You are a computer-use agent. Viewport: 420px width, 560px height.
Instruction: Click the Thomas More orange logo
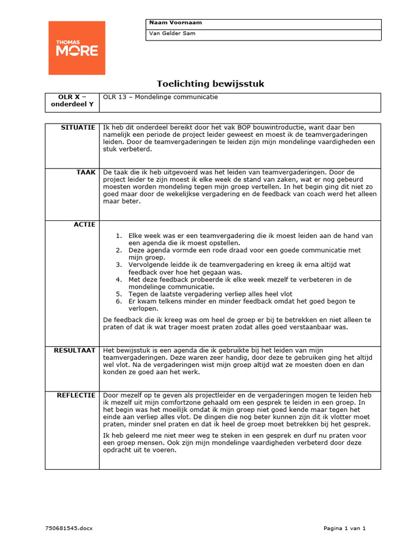[x=77, y=48]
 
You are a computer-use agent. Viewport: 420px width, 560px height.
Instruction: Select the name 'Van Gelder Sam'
[x=172, y=34]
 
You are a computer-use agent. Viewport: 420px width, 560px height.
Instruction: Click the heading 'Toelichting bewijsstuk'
[x=211, y=84]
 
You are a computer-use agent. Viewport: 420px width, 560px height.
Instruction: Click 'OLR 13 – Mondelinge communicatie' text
[x=160, y=97]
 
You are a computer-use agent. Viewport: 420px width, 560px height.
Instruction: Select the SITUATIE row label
[x=79, y=127]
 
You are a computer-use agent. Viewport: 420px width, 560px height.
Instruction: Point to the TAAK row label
[x=86, y=172]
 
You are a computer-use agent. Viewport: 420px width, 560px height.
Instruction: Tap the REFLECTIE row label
[x=77, y=395]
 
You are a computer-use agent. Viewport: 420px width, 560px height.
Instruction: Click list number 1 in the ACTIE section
[x=118, y=236]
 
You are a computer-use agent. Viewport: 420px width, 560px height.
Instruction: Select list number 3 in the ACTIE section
[x=118, y=265]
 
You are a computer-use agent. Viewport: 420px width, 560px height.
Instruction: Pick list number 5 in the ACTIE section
[x=118, y=294]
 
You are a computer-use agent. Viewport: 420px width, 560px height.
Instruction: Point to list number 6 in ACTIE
[x=118, y=301]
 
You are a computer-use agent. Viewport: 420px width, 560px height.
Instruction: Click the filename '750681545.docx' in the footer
[x=69, y=528]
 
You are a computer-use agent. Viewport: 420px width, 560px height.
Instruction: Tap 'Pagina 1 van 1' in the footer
[x=344, y=528]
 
